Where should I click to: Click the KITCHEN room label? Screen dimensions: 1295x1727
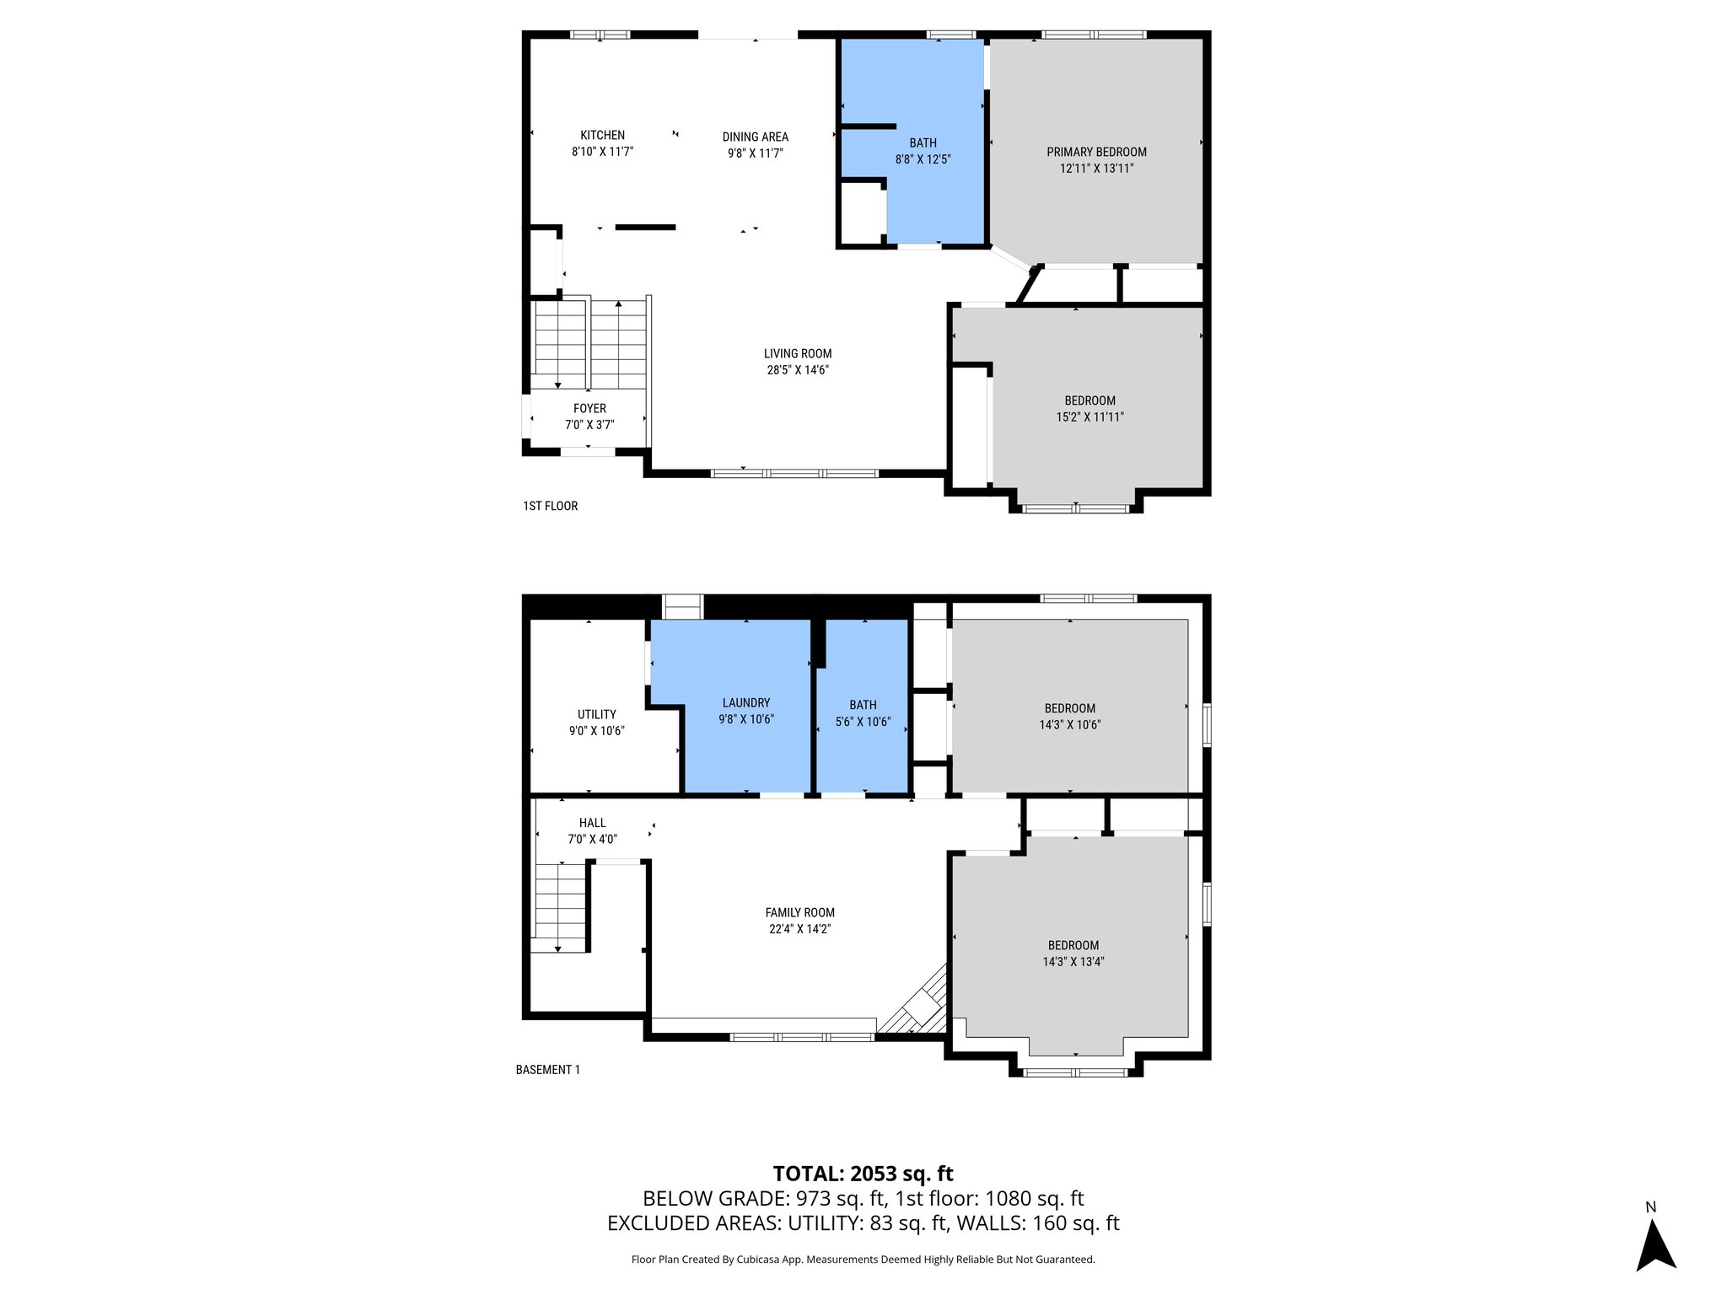click(602, 135)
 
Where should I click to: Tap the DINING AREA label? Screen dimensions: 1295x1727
click(755, 137)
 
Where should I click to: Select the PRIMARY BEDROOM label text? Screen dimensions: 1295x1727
click(1096, 152)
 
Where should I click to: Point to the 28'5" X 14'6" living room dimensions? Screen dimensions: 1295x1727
click(798, 370)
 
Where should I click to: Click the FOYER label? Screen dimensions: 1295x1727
click(589, 408)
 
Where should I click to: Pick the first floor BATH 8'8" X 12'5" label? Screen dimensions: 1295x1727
click(923, 151)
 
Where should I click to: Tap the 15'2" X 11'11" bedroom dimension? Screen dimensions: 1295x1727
click(1089, 416)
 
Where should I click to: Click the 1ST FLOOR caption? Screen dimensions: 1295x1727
click(550, 506)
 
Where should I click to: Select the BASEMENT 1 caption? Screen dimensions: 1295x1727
click(547, 1070)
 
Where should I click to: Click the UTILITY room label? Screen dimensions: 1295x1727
click(596, 714)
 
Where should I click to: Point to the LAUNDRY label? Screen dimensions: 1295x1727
click(745, 702)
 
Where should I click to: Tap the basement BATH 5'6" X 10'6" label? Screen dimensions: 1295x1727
click(863, 713)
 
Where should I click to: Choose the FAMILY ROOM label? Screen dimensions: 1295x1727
click(799, 912)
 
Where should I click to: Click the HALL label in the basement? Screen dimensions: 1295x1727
click(592, 823)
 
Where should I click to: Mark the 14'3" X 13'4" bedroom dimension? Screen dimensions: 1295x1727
click(1073, 961)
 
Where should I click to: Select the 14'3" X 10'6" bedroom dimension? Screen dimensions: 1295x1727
click(1069, 724)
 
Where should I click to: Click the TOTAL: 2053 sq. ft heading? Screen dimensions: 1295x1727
click(863, 1174)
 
